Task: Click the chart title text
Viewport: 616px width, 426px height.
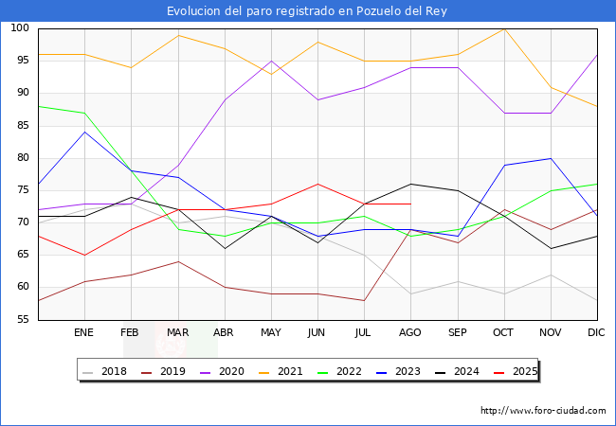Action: [x=307, y=10]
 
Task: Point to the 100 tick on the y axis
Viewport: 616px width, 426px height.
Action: [x=19, y=28]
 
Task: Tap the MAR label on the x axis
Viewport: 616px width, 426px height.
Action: [x=177, y=333]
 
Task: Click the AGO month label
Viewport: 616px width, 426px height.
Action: [x=410, y=333]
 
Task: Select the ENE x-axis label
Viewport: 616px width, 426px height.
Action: [x=84, y=333]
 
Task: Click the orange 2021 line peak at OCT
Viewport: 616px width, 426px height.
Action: [x=504, y=28]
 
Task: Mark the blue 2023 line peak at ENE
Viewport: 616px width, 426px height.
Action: [x=84, y=132]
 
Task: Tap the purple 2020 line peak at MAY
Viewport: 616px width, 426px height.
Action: [x=271, y=61]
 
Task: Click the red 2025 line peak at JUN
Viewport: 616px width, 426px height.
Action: [x=317, y=184]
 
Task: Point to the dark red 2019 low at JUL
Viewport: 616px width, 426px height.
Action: [x=364, y=300]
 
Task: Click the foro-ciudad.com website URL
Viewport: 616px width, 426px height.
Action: [x=543, y=411]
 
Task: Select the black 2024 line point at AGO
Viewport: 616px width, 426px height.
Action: [x=410, y=184]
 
